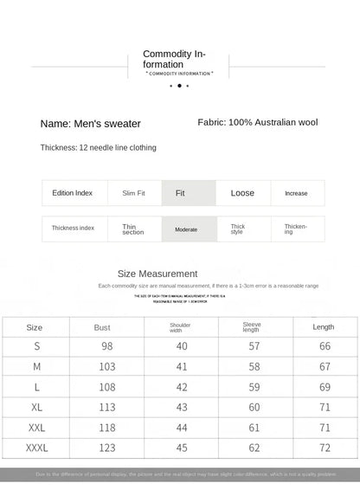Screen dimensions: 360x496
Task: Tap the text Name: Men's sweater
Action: [90, 124]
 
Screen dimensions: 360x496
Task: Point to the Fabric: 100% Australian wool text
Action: [257, 123]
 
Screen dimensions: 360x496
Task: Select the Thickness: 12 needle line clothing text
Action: [98, 148]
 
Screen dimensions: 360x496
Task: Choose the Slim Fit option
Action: [133, 193]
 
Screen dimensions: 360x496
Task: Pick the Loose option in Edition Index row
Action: [242, 193]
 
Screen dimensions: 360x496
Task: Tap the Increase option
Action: [296, 193]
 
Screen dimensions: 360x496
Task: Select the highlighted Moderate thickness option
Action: [187, 229]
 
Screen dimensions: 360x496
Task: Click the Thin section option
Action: [133, 229]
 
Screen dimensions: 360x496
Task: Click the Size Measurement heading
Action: [169, 274]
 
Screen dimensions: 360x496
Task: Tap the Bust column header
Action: [102, 327]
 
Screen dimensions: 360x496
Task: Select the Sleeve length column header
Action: [252, 327]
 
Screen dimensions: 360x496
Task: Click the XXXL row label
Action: [36, 448]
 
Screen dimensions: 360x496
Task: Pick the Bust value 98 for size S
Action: [107, 346]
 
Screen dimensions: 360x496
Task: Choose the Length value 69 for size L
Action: [324, 387]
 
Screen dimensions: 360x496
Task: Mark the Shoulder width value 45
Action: [182, 448]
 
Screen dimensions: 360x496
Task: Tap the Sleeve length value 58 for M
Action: [254, 367]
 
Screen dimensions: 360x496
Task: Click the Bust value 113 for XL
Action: [107, 407]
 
